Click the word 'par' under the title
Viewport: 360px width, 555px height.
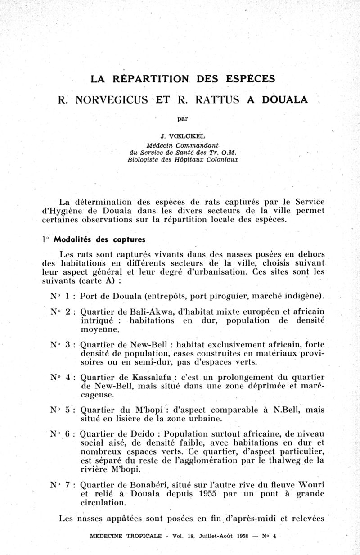point(182,119)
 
